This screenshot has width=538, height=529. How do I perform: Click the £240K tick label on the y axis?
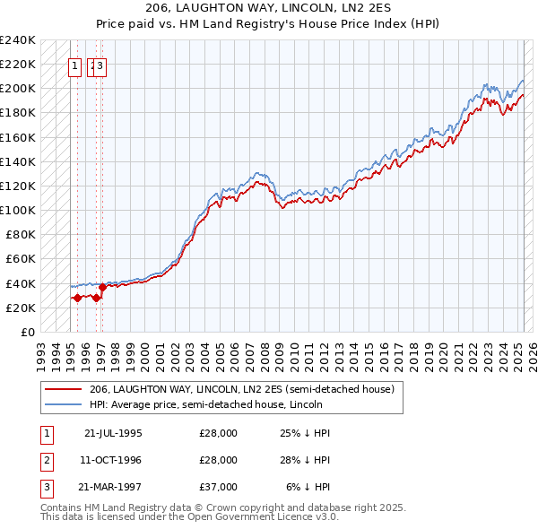(x=18, y=40)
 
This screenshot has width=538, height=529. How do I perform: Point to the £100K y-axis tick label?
(x=18, y=210)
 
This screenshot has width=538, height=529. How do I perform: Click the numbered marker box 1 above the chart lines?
(x=76, y=65)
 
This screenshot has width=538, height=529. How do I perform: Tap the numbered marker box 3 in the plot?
(x=101, y=65)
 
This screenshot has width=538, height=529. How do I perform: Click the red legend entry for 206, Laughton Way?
(x=241, y=389)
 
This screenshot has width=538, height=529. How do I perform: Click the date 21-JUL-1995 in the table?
(x=113, y=432)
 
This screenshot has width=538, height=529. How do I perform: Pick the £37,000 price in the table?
(x=219, y=488)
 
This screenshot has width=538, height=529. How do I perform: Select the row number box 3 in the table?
(x=44, y=488)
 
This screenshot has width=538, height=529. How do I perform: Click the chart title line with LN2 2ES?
(x=269, y=8)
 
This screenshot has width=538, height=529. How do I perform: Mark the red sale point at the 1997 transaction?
(x=102, y=287)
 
